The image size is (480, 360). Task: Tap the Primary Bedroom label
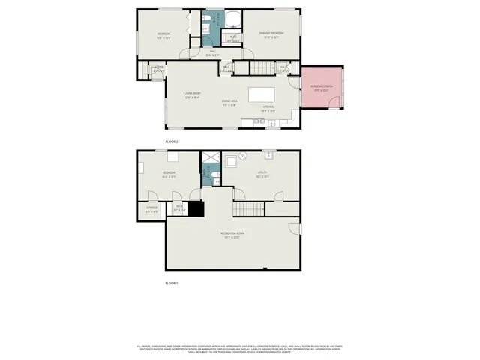(x=271, y=34)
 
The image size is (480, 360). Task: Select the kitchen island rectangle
(x=261, y=93)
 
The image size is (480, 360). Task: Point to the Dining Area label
(x=229, y=102)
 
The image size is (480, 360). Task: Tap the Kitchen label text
(x=268, y=107)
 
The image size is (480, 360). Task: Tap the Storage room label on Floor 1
(x=151, y=208)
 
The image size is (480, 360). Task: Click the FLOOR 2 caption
(x=172, y=141)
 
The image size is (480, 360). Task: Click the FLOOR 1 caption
(x=172, y=283)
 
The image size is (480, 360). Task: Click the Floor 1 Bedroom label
(x=169, y=174)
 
